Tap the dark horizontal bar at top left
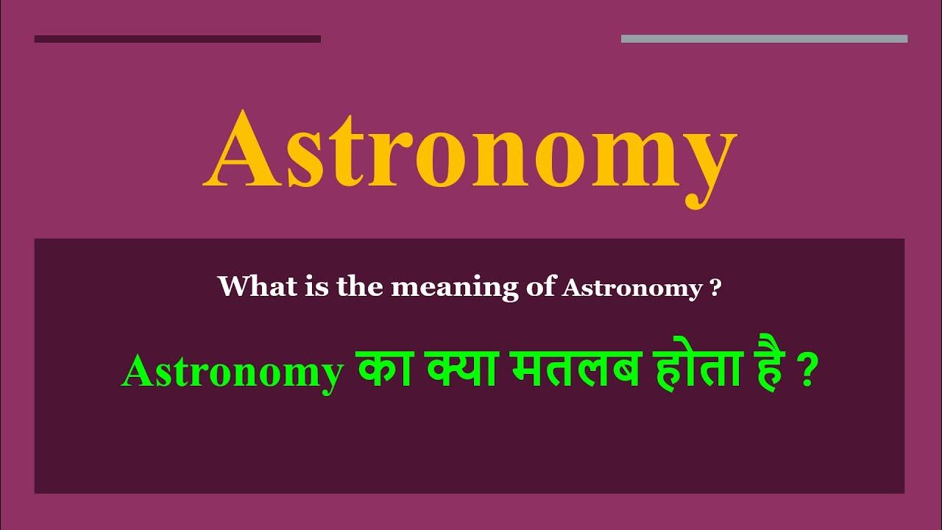pos(177,39)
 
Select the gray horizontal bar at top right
pos(764,39)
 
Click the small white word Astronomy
pos(631,289)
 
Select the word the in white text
pos(361,286)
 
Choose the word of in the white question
pos(541,288)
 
